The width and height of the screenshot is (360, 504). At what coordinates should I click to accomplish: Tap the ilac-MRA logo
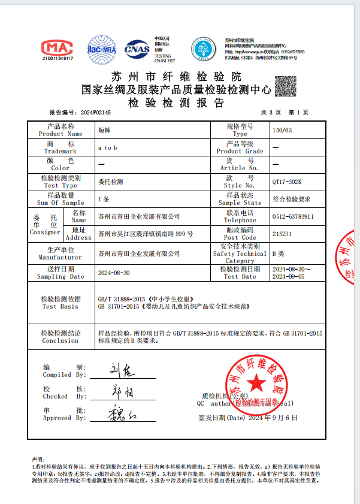[x=101, y=47]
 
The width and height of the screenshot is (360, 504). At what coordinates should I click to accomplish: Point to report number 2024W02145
[x=95, y=112]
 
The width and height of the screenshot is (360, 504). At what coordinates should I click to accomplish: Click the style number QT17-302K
[x=287, y=182]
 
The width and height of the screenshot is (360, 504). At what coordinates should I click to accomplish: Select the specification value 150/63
[x=282, y=130]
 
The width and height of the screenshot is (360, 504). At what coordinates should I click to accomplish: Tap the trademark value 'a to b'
[x=107, y=147]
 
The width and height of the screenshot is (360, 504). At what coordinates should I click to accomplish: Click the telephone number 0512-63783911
[x=293, y=216]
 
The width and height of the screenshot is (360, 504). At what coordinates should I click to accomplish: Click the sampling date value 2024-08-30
[x=113, y=273]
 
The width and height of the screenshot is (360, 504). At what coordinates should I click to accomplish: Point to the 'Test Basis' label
[x=60, y=302]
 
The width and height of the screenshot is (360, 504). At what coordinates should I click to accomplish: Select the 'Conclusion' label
[x=60, y=336]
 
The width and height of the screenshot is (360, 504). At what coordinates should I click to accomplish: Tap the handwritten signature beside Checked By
[x=123, y=393]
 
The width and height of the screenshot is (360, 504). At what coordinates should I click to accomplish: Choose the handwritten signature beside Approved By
[x=123, y=414]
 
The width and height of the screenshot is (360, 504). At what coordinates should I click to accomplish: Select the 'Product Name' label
[x=60, y=130]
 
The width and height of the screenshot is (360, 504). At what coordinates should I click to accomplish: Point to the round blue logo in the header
[x=203, y=49]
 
